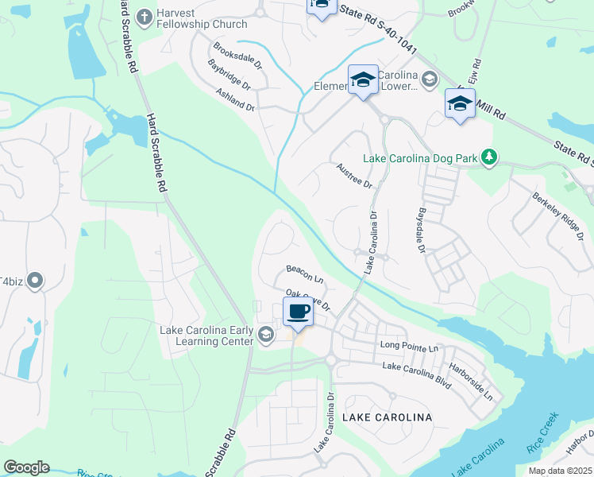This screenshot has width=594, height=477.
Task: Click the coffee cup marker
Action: [x=298, y=312]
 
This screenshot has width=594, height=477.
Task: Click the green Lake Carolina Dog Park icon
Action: [x=491, y=157]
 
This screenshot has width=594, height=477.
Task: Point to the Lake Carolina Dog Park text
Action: [x=420, y=158]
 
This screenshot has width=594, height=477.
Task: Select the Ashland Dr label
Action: [x=235, y=99]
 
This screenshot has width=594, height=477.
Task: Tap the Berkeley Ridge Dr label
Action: [x=557, y=212]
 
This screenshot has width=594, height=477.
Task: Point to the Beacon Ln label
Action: [x=306, y=275]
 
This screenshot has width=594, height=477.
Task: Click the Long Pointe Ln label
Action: [x=409, y=347]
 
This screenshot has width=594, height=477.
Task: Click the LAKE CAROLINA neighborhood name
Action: [x=387, y=417]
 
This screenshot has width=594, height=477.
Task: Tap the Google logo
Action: [x=26, y=467]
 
